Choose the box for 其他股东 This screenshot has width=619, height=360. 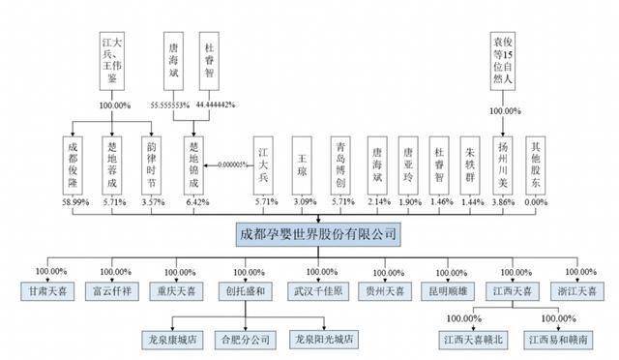[x=537, y=156]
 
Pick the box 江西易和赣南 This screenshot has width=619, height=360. [x=554, y=340]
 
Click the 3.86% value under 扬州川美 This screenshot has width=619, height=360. [x=501, y=204]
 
